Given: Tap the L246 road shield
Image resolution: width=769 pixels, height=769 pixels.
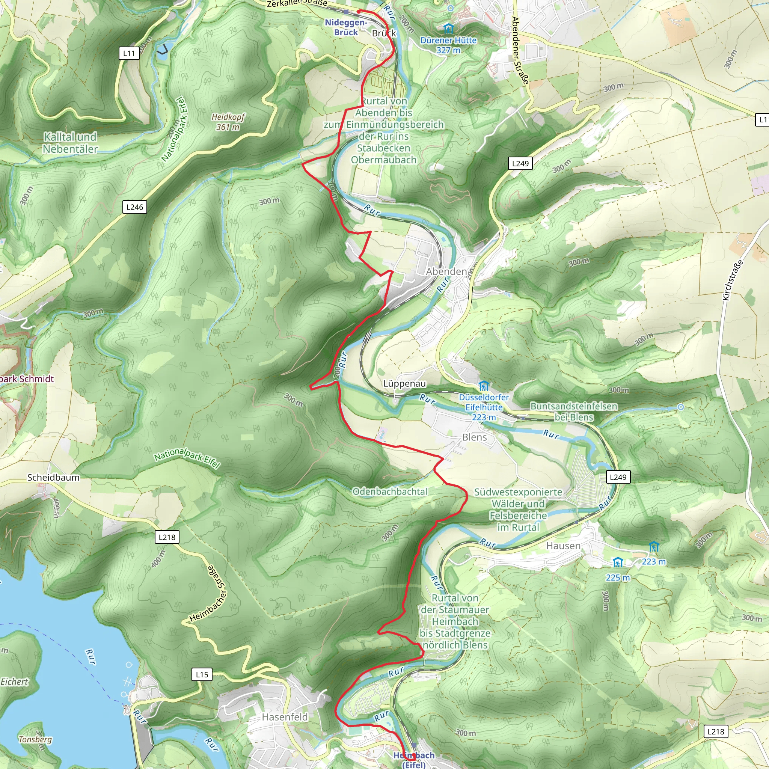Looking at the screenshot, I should tap(134, 207).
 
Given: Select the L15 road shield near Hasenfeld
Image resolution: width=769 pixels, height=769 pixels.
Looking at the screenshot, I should tap(202, 674).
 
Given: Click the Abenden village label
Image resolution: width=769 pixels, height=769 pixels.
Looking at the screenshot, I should tap(446, 271).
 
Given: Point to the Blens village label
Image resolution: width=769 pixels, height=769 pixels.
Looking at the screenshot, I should tap(474, 437).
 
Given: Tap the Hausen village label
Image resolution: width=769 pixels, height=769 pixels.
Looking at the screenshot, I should tap(563, 546).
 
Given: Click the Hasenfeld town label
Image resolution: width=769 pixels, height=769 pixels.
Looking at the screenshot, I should tap(285, 717).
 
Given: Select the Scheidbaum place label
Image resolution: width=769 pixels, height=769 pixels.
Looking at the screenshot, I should tap(53, 477).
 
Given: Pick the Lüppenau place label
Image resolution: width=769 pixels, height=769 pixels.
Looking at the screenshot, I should tap(404, 383).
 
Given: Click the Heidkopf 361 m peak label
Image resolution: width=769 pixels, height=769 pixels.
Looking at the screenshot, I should tap(228, 122).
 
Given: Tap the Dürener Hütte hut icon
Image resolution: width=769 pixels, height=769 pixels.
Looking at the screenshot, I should tap(448, 28).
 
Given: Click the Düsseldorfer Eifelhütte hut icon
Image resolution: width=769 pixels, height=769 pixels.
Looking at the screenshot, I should tap(484, 386).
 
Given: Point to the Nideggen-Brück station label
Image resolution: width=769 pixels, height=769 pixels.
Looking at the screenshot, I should tap(345, 27).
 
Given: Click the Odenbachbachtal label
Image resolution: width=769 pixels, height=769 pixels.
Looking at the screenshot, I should tap(390, 492).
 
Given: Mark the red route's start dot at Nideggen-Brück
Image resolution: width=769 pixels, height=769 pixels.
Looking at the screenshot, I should tap(359, 12).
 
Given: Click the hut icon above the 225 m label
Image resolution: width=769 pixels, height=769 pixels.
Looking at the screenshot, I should tap(617, 562).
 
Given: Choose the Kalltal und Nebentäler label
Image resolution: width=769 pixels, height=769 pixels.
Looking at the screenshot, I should tap(70, 143).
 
